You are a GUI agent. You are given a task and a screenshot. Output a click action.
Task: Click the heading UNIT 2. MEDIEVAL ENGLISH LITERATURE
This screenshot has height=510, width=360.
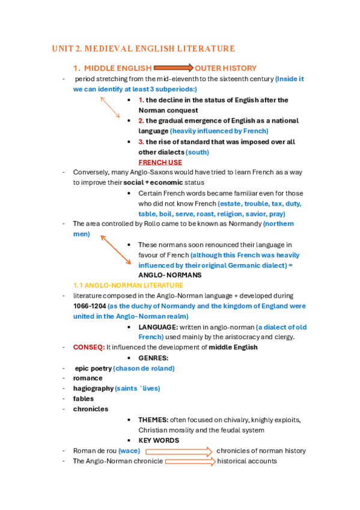point(143,49)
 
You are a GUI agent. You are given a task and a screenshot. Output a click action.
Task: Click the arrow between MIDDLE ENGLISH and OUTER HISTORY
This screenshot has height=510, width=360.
point(174,68)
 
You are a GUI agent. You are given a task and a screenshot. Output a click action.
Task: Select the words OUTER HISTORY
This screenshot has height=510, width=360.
point(226,68)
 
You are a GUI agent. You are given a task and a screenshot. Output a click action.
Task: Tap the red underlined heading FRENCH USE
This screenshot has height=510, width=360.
point(160,162)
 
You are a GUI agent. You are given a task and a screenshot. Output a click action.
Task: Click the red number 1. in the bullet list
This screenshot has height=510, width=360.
point(141,100)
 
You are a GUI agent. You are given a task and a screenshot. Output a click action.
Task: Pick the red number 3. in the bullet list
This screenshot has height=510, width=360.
point(141,142)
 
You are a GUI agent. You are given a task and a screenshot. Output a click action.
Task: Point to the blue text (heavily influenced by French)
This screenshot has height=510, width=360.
point(219,131)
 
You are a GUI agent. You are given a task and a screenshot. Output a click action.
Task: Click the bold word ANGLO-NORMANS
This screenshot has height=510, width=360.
point(170,275)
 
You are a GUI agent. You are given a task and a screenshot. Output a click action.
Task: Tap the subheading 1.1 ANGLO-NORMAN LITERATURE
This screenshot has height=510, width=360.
point(128,285)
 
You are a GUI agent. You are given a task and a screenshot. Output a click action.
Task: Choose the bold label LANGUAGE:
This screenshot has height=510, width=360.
point(158,327)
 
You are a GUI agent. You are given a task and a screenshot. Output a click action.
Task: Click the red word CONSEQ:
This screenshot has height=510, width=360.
point(89,347)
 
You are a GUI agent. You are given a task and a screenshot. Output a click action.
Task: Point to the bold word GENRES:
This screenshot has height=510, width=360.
point(153,357)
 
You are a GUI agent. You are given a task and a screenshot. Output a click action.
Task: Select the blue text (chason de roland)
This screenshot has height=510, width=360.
point(144,368)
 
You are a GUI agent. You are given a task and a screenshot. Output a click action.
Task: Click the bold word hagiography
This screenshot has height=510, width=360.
point(93,389)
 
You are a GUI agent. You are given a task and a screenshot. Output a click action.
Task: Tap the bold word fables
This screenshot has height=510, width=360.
point(84,399)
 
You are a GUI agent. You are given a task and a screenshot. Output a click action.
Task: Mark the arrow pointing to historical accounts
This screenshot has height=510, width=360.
point(190,461)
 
